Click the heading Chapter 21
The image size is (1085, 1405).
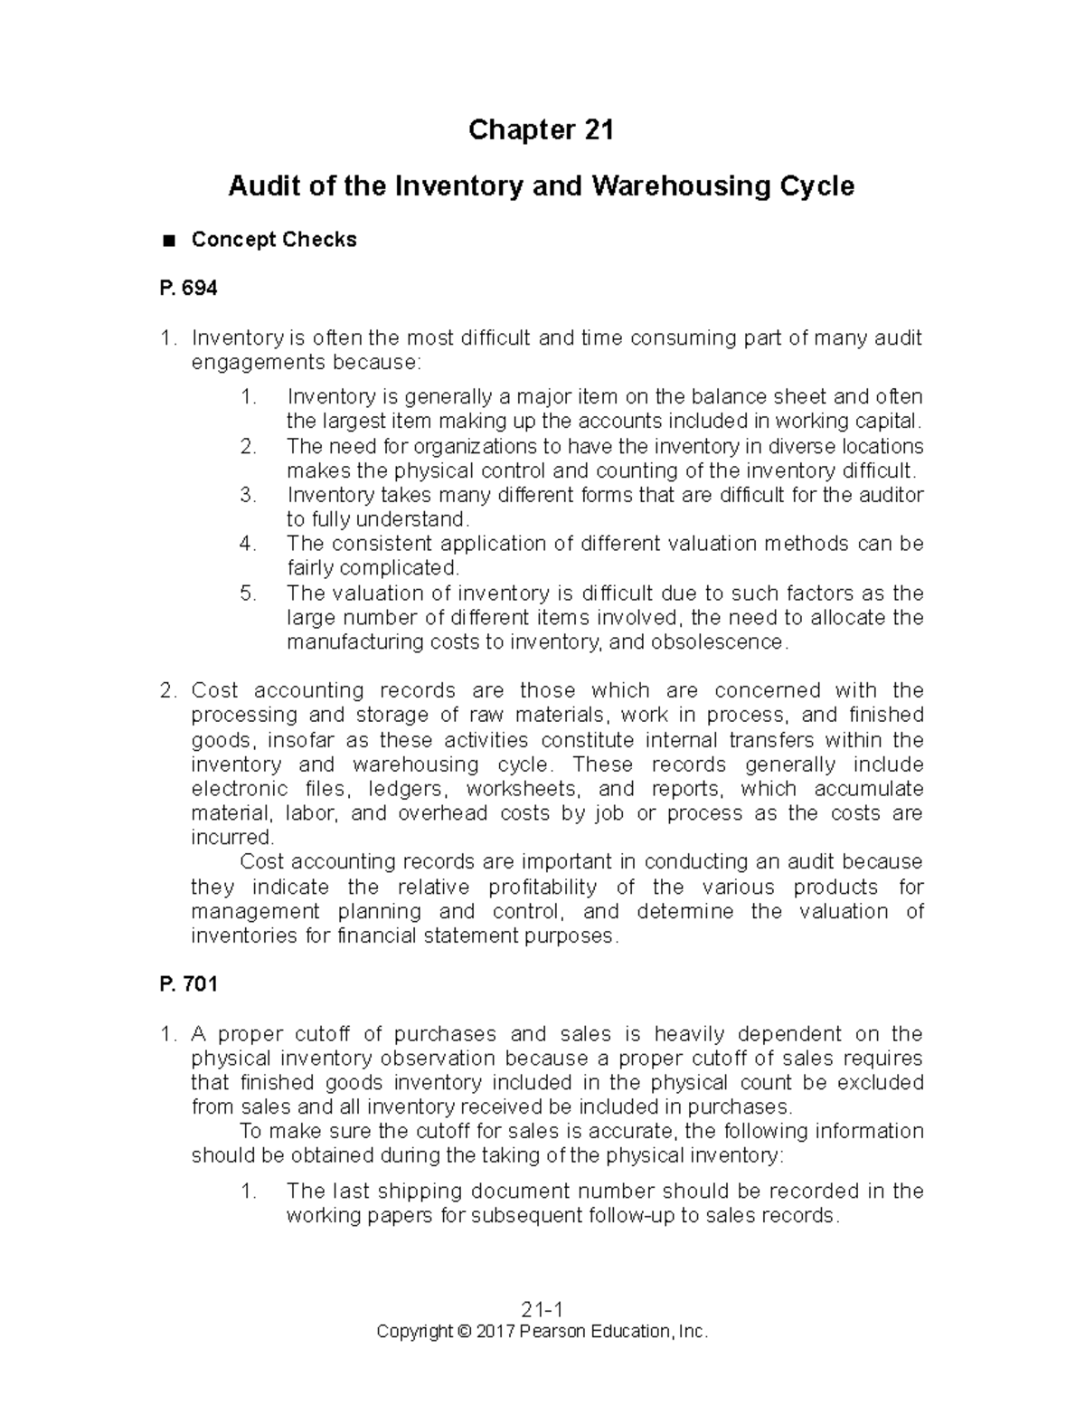click(x=541, y=130)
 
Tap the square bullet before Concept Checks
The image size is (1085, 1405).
click(x=167, y=241)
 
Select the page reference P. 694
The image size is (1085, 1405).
click(x=188, y=289)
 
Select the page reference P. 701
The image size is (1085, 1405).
click(x=188, y=984)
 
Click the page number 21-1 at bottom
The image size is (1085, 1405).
click(x=542, y=1310)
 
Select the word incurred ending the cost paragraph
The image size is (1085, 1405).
click(x=231, y=838)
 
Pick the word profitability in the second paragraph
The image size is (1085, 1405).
click(x=542, y=887)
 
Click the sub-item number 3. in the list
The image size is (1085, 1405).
click(x=248, y=496)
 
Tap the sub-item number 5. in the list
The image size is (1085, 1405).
click(x=248, y=593)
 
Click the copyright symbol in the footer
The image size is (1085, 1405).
click(x=465, y=1332)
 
